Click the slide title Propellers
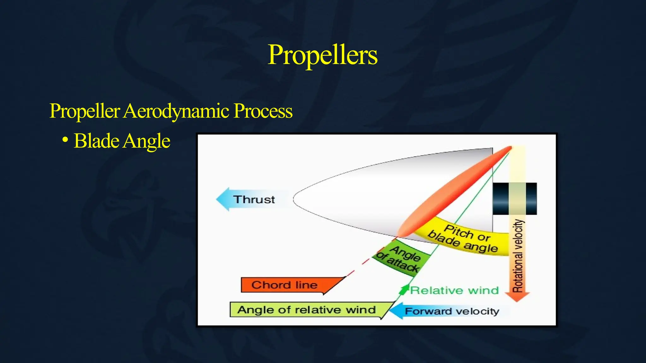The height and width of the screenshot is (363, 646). pos(322,55)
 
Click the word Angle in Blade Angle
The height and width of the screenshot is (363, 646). pos(146,141)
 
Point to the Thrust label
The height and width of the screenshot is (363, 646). pos(254,199)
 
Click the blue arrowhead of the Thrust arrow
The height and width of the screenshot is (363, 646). pos(223,199)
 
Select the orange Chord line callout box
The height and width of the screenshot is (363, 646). pos(284,285)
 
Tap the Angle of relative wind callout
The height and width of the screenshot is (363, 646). pos(306,310)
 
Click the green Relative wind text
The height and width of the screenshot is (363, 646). pos(454,290)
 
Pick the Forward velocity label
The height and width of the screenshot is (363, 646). pos(452,311)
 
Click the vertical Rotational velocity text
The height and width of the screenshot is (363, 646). pos(518,255)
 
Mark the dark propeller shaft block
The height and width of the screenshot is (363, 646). pos(515,199)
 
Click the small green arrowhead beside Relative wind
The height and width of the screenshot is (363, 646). pos(403,289)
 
